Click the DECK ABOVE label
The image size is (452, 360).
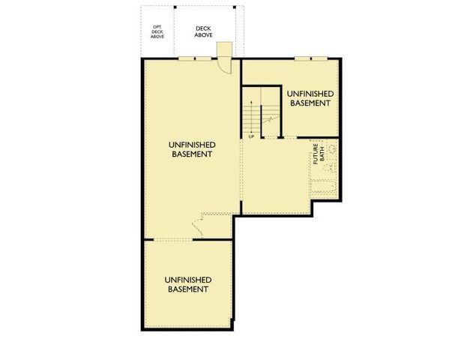coord(203,31)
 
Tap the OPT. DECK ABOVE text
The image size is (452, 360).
coord(157,31)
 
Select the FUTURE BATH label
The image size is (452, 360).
coord(318,154)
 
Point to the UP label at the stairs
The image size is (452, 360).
coord(251,136)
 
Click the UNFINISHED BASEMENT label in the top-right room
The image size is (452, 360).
coord(309,98)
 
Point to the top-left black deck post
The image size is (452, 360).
coord(176,8)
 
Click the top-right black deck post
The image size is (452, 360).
coord(235,8)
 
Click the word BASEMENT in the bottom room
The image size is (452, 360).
coord(187,289)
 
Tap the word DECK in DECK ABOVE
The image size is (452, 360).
coord(203,26)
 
